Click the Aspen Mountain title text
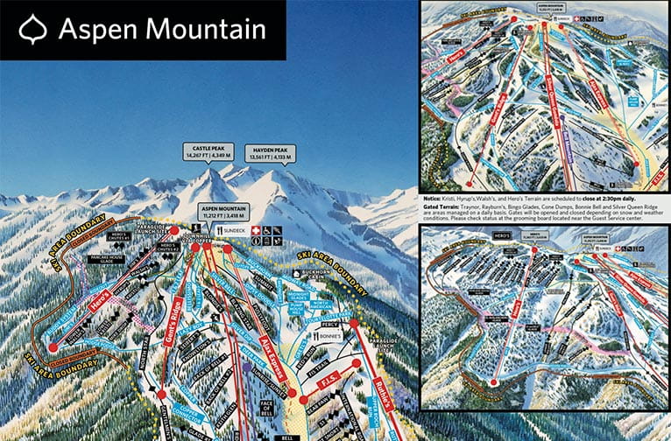[162, 31]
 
